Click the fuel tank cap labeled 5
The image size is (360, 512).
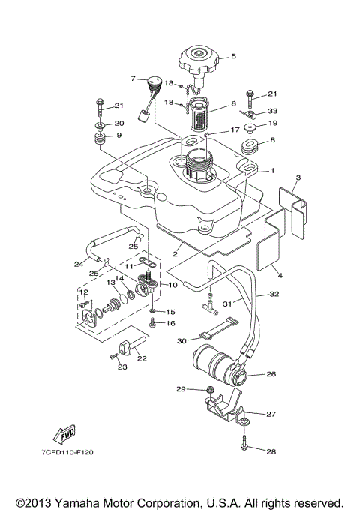(199, 59)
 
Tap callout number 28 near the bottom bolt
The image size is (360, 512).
(271, 451)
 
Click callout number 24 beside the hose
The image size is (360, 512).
(78, 264)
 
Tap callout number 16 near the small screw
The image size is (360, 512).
(170, 324)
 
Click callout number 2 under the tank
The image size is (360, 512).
(174, 254)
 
